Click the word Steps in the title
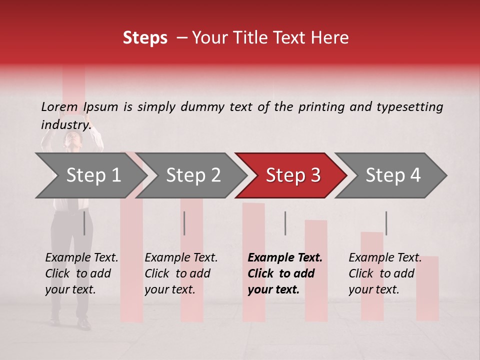coord(145,38)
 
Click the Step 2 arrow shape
coord(192,175)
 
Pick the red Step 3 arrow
coord(292,175)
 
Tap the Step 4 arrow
coord(392,175)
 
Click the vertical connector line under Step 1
coord(84,223)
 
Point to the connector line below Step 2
coord(184,223)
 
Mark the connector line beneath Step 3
coord(285,223)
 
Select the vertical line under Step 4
coord(386,223)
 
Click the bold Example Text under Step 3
coord(285,258)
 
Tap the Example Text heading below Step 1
coord(81,258)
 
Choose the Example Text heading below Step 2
coord(181,258)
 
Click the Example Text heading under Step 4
coord(385,258)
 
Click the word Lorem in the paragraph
coord(59,107)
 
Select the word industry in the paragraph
coord(65,125)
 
